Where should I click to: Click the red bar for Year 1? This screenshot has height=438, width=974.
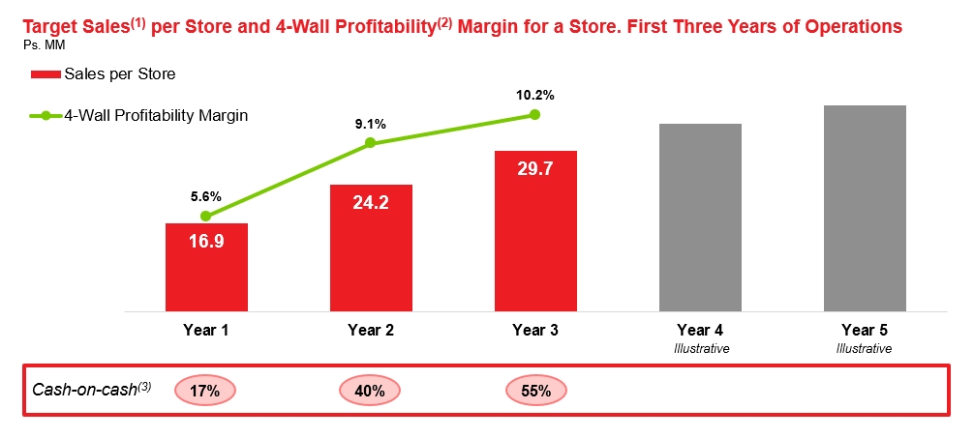[x=206, y=267]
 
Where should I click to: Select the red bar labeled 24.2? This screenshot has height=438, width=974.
[x=371, y=248]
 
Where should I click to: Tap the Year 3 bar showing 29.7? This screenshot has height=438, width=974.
[x=535, y=231]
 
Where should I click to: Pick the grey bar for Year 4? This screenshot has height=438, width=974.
[x=700, y=218]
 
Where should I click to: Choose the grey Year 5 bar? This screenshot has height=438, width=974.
[x=865, y=208]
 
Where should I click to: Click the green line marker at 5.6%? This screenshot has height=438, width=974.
[x=205, y=216]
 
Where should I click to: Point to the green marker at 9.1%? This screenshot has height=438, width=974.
[x=370, y=143]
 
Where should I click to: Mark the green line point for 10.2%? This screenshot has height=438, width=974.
[x=534, y=115]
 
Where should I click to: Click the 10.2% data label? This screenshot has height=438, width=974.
[x=534, y=96]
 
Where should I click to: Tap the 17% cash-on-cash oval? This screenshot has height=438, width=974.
[x=205, y=391]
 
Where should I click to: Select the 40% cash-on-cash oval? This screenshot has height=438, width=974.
[x=370, y=391]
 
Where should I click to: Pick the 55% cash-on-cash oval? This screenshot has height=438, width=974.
[x=536, y=391]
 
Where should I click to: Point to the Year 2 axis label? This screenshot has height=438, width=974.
[x=371, y=330]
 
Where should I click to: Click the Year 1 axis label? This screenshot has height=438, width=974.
[x=206, y=330]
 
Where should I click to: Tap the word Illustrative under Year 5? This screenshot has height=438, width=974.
[x=864, y=349]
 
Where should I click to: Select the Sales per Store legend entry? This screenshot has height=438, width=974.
[x=104, y=74]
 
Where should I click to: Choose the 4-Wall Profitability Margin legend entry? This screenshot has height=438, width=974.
[x=139, y=115]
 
